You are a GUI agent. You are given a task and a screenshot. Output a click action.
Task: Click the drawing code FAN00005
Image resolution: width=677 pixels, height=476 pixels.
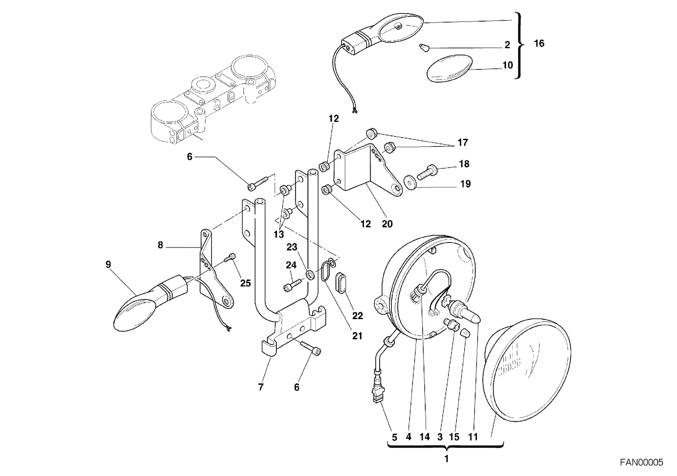[x=641, y=462]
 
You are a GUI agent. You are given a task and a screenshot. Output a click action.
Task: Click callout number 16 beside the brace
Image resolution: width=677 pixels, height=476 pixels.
[x=539, y=44]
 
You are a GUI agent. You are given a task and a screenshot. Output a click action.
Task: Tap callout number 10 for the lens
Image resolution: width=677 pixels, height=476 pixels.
[x=508, y=65]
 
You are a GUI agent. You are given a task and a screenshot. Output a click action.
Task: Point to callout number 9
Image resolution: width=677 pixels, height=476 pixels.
[x=108, y=264]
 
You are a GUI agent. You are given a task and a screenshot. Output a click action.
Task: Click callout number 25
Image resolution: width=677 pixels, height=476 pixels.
[x=245, y=283]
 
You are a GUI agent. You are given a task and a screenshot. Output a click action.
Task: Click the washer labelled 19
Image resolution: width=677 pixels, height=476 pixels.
[x=410, y=182]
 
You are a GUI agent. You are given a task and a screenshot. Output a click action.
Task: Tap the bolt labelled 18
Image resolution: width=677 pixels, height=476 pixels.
[x=427, y=172]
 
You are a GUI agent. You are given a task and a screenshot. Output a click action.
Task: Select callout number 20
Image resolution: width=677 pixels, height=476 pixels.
[x=387, y=224]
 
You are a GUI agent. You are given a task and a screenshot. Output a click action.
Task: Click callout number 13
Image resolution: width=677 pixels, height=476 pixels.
[x=279, y=234]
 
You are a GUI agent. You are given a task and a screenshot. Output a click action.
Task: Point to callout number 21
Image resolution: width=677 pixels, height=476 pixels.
[x=357, y=336]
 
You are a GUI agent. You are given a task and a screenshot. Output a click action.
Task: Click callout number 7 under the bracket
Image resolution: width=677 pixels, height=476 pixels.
[x=261, y=387]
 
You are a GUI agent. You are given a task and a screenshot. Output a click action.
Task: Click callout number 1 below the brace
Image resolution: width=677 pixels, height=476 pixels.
[x=446, y=459]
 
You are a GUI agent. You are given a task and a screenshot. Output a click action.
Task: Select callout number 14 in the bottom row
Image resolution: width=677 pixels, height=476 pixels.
[x=425, y=437]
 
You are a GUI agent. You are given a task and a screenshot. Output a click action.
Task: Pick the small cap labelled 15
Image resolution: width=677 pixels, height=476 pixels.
[x=465, y=334]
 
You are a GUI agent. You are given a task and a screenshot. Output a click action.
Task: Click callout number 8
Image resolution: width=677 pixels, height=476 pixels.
[x=160, y=245]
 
